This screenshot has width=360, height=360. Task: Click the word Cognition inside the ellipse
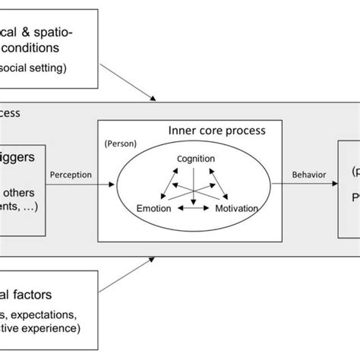tap(196, 159)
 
